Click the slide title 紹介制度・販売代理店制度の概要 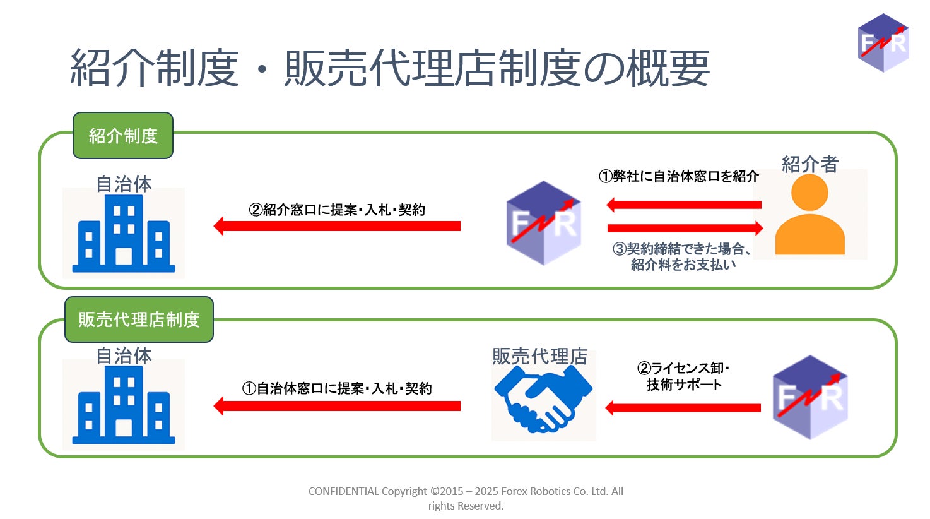point(390,68)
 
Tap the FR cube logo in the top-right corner point(883,43)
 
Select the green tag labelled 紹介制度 point(123,136)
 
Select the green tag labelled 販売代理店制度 point(139,319)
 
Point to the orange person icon point(809,215)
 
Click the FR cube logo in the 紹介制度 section point(543,223)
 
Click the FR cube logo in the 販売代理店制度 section point(810,397)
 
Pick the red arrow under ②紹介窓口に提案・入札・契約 point(337,226)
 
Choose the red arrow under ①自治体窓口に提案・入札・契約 point(337,405)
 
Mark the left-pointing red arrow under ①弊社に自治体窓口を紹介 point(684,205)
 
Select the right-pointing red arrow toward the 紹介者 point(685,228)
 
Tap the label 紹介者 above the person point(809,164)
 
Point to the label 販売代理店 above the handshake point(539,356)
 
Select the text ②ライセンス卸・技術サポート point(683,376)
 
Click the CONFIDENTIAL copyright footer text point(466,498)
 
